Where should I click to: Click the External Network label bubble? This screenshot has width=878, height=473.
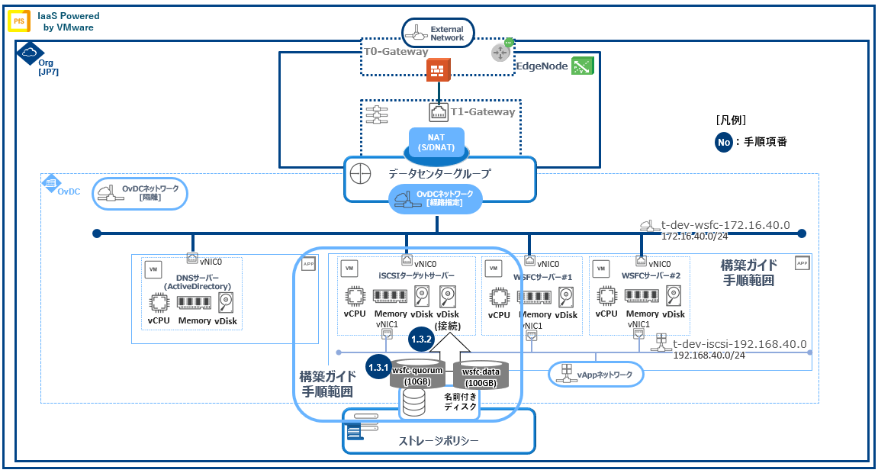point(438,32)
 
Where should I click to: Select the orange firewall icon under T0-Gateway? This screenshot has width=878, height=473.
point(438,71)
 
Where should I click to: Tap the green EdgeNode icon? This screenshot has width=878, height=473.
point(583,66)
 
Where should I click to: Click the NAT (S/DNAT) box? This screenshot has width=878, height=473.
point(436,142)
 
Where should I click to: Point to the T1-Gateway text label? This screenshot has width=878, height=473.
point(482,112)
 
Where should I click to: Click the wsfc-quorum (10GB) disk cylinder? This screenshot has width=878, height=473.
point(416,373)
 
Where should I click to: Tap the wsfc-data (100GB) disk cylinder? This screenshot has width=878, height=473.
point(481,374)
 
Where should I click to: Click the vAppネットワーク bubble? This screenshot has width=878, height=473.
point(596,374)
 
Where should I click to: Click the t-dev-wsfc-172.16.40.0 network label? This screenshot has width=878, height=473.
point(725,226)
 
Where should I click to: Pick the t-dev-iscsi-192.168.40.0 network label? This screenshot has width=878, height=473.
point(739,344)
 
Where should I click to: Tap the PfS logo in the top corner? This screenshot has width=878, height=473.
point(18,21)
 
